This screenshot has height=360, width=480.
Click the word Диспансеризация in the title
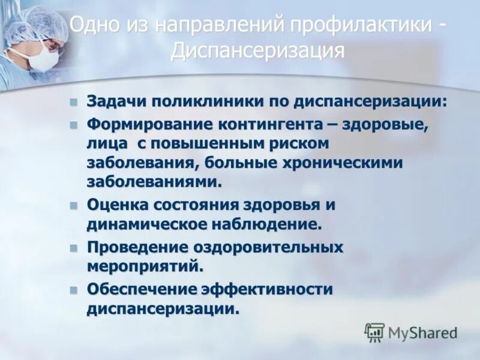(257, 50)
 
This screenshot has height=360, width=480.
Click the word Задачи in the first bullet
(116, 101)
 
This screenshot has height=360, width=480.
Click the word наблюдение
(269, 224)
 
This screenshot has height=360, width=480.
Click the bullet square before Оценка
(74, 205)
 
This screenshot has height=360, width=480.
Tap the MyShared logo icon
(374, 332)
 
